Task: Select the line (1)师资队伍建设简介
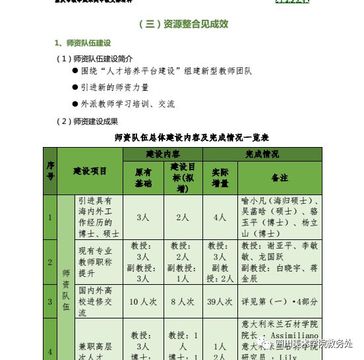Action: coord(95,59)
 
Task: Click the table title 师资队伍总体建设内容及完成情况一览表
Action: coord(191,137)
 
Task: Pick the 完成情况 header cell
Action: coord(262,154)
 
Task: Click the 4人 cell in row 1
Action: coord(220,217)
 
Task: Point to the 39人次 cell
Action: coord(220,301)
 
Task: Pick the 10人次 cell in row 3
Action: coord(143,301)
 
